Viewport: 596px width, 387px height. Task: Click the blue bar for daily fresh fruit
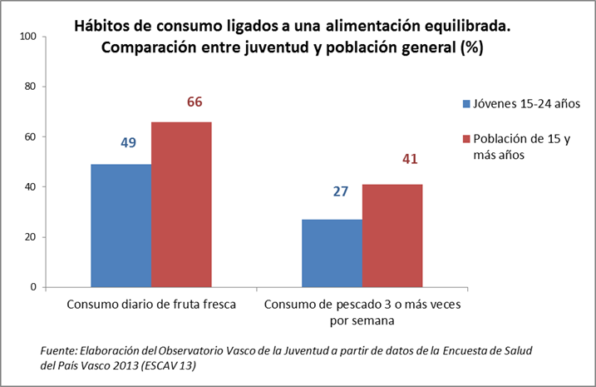(121, 226)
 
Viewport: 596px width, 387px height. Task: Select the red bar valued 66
(181, 205)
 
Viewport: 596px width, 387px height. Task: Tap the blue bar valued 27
(332, 253)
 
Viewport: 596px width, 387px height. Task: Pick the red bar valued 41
(392, 236)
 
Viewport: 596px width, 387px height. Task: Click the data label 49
(129, 143)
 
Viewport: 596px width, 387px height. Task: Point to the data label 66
(195, 102)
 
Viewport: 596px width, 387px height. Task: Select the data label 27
(339, 192)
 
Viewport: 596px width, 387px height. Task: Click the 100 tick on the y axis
(26, 37)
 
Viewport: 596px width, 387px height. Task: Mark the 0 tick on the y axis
(32, 287)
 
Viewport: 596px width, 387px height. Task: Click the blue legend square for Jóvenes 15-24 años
(466, 104)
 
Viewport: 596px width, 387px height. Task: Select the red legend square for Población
(466, 137)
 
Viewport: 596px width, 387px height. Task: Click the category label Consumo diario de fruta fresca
(151, 305)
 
